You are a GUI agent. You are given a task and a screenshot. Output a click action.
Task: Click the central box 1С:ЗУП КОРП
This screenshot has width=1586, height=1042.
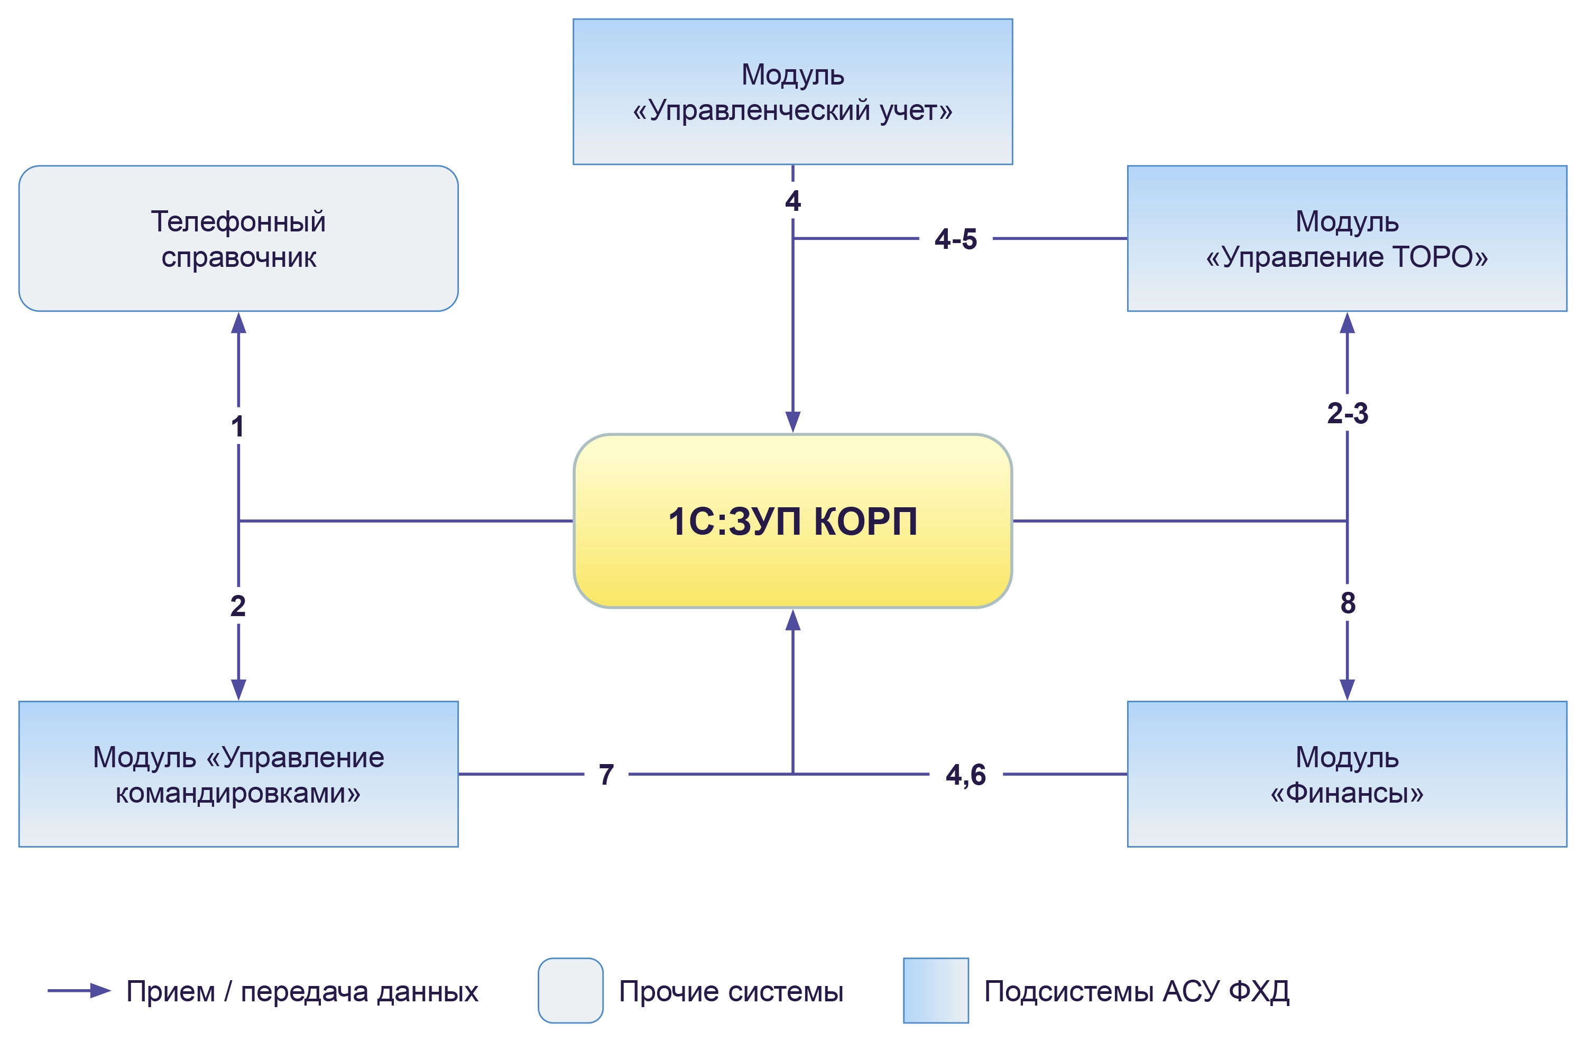click(792, 521)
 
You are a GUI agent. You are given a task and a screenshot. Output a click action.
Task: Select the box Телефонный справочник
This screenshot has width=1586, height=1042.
click(238, 238)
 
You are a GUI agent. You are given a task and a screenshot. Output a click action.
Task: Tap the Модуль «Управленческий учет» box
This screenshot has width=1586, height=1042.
click(792, 92)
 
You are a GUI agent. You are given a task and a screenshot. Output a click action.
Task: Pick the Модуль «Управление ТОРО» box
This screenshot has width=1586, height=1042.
click(1347, 238)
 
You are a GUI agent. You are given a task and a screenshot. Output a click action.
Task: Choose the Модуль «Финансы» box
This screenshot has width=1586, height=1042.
click(1347, 774)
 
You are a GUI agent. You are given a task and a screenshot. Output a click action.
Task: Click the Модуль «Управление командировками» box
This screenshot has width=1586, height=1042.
click(238, 774)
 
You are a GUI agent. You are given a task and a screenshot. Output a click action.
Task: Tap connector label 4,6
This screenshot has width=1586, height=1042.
click(965, 775)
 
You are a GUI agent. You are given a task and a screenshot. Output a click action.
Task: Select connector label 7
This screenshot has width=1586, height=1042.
click(606, 775)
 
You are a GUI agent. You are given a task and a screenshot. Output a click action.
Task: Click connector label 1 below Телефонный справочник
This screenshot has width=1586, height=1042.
click(238, 426)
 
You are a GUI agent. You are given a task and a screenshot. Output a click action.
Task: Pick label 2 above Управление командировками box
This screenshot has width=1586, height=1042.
click(238, 606)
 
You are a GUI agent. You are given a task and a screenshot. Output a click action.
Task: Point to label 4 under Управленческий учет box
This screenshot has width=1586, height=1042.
click(792, 201)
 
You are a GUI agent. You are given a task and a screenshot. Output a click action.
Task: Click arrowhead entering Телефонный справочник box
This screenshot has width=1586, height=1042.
click(238, 323)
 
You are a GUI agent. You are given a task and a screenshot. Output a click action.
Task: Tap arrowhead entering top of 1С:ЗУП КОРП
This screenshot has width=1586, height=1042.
click(792, 422)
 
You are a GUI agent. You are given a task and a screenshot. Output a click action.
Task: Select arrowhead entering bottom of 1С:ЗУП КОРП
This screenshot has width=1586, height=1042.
click(792, 620)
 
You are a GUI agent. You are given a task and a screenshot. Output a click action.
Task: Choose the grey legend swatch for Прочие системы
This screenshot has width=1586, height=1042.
click(570, 991)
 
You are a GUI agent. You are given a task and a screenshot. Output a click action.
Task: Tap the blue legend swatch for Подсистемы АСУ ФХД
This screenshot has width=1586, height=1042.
click(936, 991)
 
